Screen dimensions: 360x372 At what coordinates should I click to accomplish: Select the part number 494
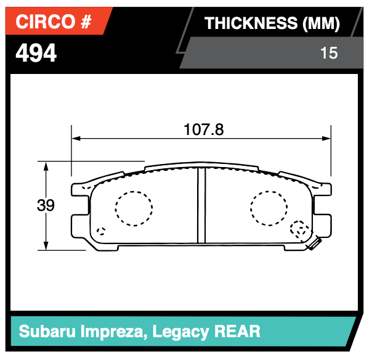[x=36, y=54]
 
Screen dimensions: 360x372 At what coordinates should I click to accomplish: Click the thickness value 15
[x=329, y=54]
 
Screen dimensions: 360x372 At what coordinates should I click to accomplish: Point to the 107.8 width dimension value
[x=203, y=130]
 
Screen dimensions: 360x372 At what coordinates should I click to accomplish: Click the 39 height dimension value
[x=46, y=206]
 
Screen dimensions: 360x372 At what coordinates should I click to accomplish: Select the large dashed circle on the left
[x=134, y=209]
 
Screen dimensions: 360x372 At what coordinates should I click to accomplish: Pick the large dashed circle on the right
[x=269, y=209]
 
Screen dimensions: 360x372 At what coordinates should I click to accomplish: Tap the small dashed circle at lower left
[x=101, y=232]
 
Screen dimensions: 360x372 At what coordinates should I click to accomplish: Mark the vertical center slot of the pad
[x=201, y=205]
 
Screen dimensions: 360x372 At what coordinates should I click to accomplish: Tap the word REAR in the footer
[x=238, y=332]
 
